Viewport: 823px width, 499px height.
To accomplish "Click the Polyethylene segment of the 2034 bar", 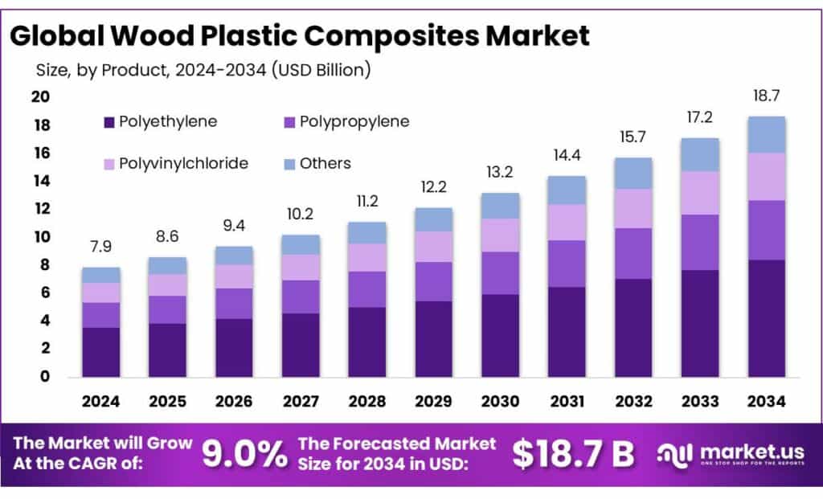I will [x=766, y=318].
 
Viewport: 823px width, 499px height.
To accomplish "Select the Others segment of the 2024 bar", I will [x=100, y=275].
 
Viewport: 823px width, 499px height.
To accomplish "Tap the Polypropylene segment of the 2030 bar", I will [x=500, y=273].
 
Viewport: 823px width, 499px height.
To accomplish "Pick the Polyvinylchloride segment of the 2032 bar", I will [x=633, y=208].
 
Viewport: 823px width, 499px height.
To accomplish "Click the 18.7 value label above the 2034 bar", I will [x=766, y=96].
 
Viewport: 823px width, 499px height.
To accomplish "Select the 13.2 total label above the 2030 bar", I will [x=500, y=172].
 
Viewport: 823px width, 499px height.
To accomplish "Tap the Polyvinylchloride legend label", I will [x=183, y=164].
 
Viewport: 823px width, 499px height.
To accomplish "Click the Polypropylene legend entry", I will [x=354, y=122].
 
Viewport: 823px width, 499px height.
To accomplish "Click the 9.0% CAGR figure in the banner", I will [x=244, y=455].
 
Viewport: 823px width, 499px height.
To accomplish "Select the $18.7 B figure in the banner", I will [x=574, y=455].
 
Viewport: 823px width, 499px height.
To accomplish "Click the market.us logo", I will [x=728, y=455].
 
